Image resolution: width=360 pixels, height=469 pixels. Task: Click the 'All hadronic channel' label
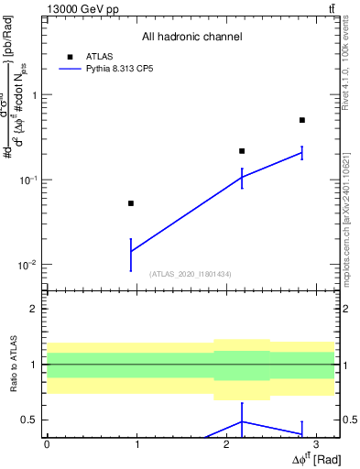pyautogui.click(x=191, y=38)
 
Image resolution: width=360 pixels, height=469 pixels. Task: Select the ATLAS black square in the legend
pyautogui.click(x=70, y=57)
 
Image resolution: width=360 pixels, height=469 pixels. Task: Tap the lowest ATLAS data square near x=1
pyautogui.click(x=131, y=203)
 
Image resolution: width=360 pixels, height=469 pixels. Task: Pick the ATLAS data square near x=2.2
pyautogui.click(x=242, y=151)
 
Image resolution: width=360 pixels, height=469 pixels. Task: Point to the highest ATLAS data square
pyautogui.click(x=301, y=120)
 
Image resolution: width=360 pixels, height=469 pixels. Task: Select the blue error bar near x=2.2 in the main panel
pyautogui.click(x=242, y=178)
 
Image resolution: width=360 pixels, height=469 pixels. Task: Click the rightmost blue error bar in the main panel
pyautogui.click(x=301, y=153)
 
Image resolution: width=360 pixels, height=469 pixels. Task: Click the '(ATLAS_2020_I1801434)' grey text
pyautogui.click(x=191, y=274)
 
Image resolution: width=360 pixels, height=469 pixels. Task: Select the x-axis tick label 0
pyautogui.click(x=47, y=443)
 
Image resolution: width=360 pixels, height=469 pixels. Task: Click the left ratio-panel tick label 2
pyautogui.click(x=35, y=309)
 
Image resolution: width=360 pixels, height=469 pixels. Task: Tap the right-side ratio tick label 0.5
pyautogui.click(x=349, y=420)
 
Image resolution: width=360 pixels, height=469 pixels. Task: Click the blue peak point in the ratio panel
pyautogui.click(x=242, y=421)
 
